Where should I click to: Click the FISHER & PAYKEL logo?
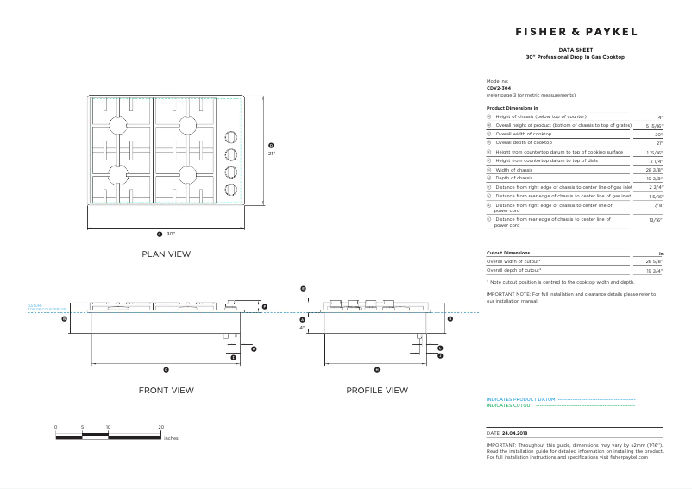(x=576, y=31)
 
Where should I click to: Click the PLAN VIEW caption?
(x=167, y=254)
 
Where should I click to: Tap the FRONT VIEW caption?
(x=167, y=391)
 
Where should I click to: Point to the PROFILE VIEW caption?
(x=377, y=391)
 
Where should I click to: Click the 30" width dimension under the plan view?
(x=171, y=234)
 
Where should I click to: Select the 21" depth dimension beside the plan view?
(x=271, y=154)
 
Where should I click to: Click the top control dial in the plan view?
(x=230, y=136)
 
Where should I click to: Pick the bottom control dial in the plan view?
(x=230, y=190)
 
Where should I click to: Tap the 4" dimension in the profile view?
(x=302, y=328)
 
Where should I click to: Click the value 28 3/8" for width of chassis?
(x=654, y=171)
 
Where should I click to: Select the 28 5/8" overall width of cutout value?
(x=654, y=261)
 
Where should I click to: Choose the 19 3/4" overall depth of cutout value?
(x=654, y=270)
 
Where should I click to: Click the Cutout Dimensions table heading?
(x=507, y=253)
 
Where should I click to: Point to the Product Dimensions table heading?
(x=513, y=108)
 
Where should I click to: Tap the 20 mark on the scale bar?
(x=161, y=427)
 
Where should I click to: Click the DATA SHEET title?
(x=575, y=51)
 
